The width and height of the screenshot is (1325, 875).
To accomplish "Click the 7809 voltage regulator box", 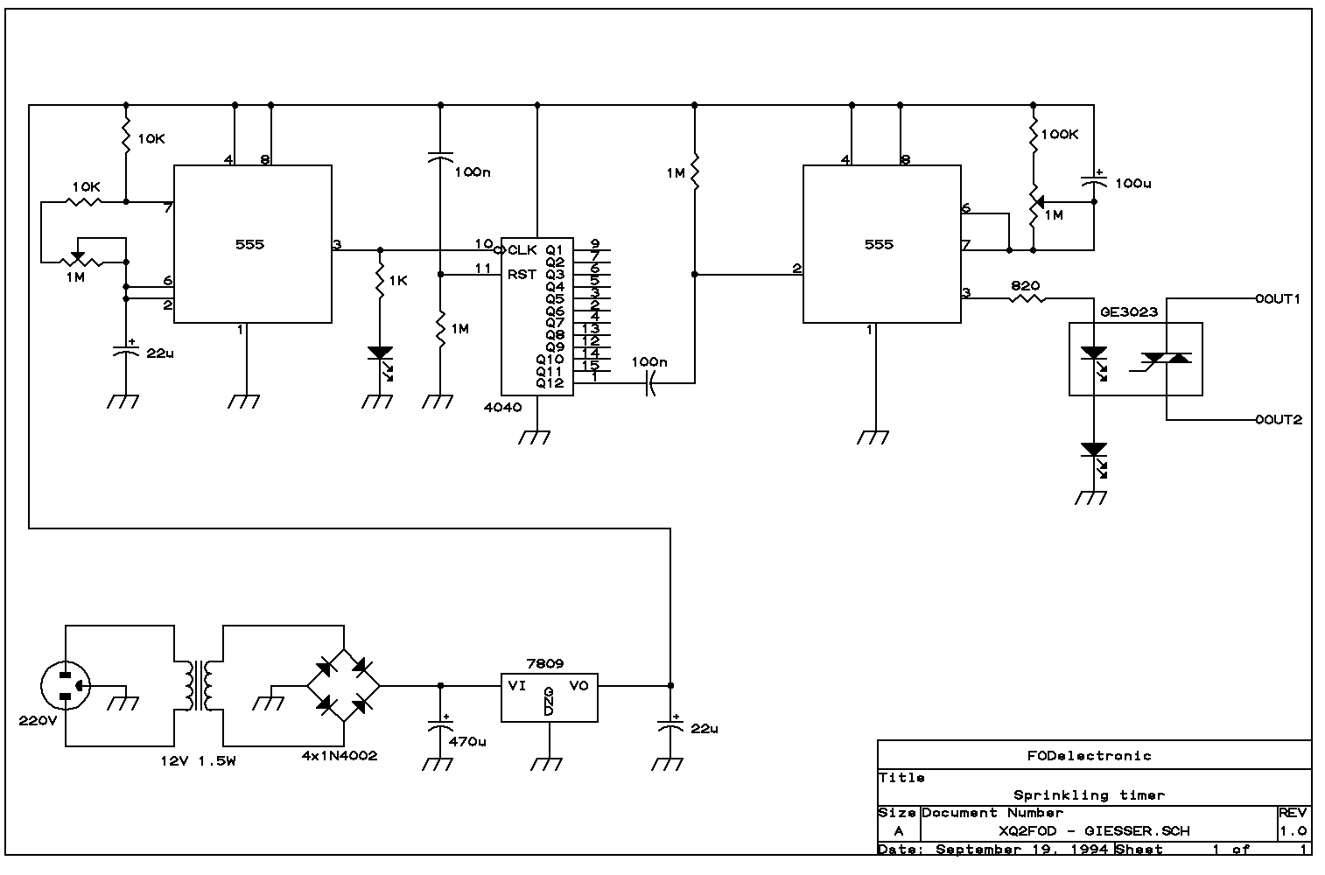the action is tap(550, 697).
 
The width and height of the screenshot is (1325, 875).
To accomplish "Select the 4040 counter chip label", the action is tap(503, 408).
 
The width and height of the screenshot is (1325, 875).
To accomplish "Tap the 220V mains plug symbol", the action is tap(66, 686).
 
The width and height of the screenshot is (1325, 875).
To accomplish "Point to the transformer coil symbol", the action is tap(199, 686).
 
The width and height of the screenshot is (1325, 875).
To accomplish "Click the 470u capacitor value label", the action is tap(467, 741).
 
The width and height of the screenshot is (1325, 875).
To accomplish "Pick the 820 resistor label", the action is tap(1025, 285).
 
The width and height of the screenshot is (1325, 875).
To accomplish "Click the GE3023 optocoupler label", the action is tap(1129, 311).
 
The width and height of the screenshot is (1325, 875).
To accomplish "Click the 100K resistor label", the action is tap(1060, 135).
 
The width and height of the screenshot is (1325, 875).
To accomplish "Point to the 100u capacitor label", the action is tap(1132, 183).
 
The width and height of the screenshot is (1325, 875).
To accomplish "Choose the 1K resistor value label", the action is tap(398, 281).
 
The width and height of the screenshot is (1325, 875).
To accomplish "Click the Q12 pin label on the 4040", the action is tap(550, 383).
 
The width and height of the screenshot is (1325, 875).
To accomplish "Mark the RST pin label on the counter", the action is tap(522, 275).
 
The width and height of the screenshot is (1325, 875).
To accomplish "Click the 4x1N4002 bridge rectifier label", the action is tap(340, 756).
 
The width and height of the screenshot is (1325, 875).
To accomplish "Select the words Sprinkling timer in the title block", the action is tap(1089, 795).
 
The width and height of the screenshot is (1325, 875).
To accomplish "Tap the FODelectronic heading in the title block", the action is tap(1089, 756).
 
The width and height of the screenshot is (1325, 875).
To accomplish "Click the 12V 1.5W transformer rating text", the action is tap(198, 761).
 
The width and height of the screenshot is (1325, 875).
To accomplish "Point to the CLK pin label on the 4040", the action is tap(522, 250).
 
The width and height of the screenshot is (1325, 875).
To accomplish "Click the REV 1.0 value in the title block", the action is tap(1293, 831).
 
